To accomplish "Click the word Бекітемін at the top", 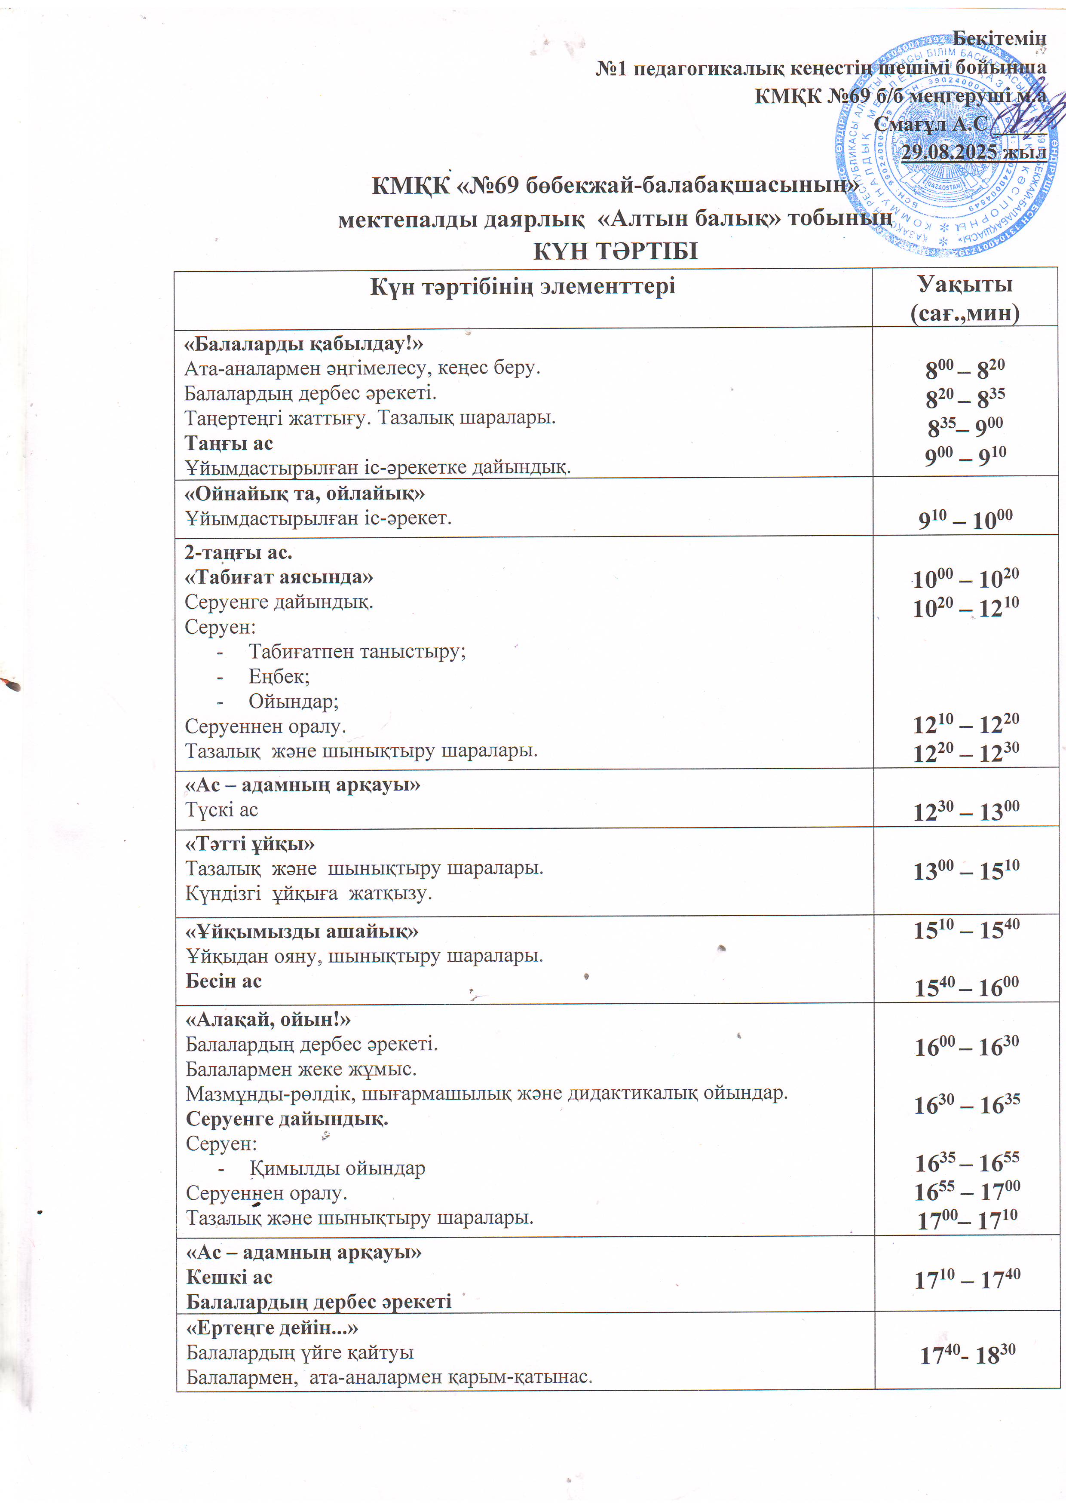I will coord(999,39).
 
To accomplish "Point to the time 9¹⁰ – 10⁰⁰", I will coord(965,520).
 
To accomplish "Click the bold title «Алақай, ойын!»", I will coord(268,1019).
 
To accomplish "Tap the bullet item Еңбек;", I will coord(279,676).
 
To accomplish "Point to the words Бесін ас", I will coord(224,981).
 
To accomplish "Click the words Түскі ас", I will coord(221,810).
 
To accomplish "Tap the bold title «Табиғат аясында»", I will coord(279,576).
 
